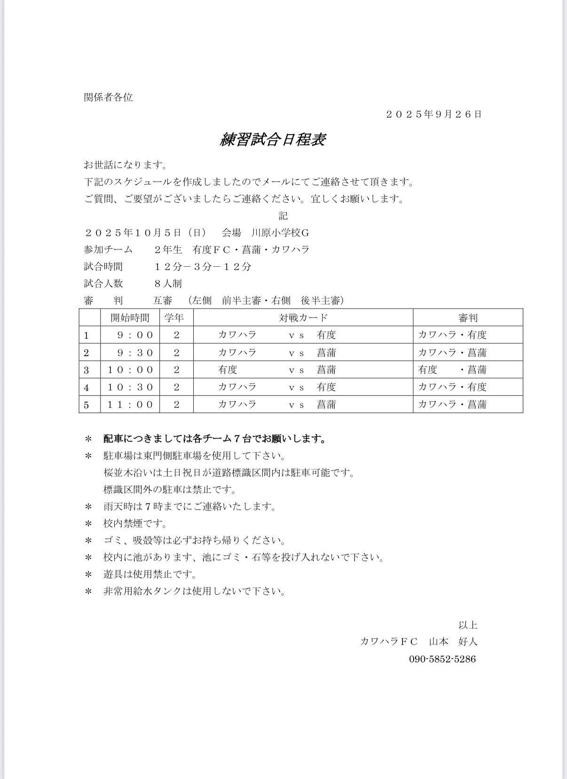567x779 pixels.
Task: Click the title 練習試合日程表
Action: pyautogui.click(x=273, y=139)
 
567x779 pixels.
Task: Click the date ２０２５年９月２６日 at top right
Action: pyautogui.click(x=433, y=114)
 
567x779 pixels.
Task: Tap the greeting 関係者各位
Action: pyautogui.click(x=109, y=97)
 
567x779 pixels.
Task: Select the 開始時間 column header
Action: pyautogui.click(x=130, y=318)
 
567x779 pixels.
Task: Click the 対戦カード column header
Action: pyautogui.click(x=303, y=318)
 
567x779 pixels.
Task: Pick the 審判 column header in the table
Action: pyautogui.click(x=468, y=318)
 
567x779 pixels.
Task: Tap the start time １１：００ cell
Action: pyautogui.click(x=131, y=405)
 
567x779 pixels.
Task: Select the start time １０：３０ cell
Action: pyautogui.click(x=131, y=387)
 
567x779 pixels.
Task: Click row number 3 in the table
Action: pyautogui.click(x=87, y=370)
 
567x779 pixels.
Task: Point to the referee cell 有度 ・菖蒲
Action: pyautogui.click(x=452, y=370)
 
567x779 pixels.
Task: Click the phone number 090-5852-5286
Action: pyautogui.click(x=442, y=659)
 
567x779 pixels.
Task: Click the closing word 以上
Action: pyautogui.click(x=468, y=625)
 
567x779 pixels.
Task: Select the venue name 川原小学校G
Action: pyautogui.click(x=280, y=233)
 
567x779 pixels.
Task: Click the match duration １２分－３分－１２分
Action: pyautogui.click(x=203, y=267)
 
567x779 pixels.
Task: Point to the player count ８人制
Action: pyautogui.click(x=168, y=284)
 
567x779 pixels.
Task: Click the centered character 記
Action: pyautogui.click(x=283, y=216)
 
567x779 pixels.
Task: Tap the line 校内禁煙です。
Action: pyautogui.click(x=135, y=524)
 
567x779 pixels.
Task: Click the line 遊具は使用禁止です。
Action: pyautogui.click(x=150, y=574)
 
